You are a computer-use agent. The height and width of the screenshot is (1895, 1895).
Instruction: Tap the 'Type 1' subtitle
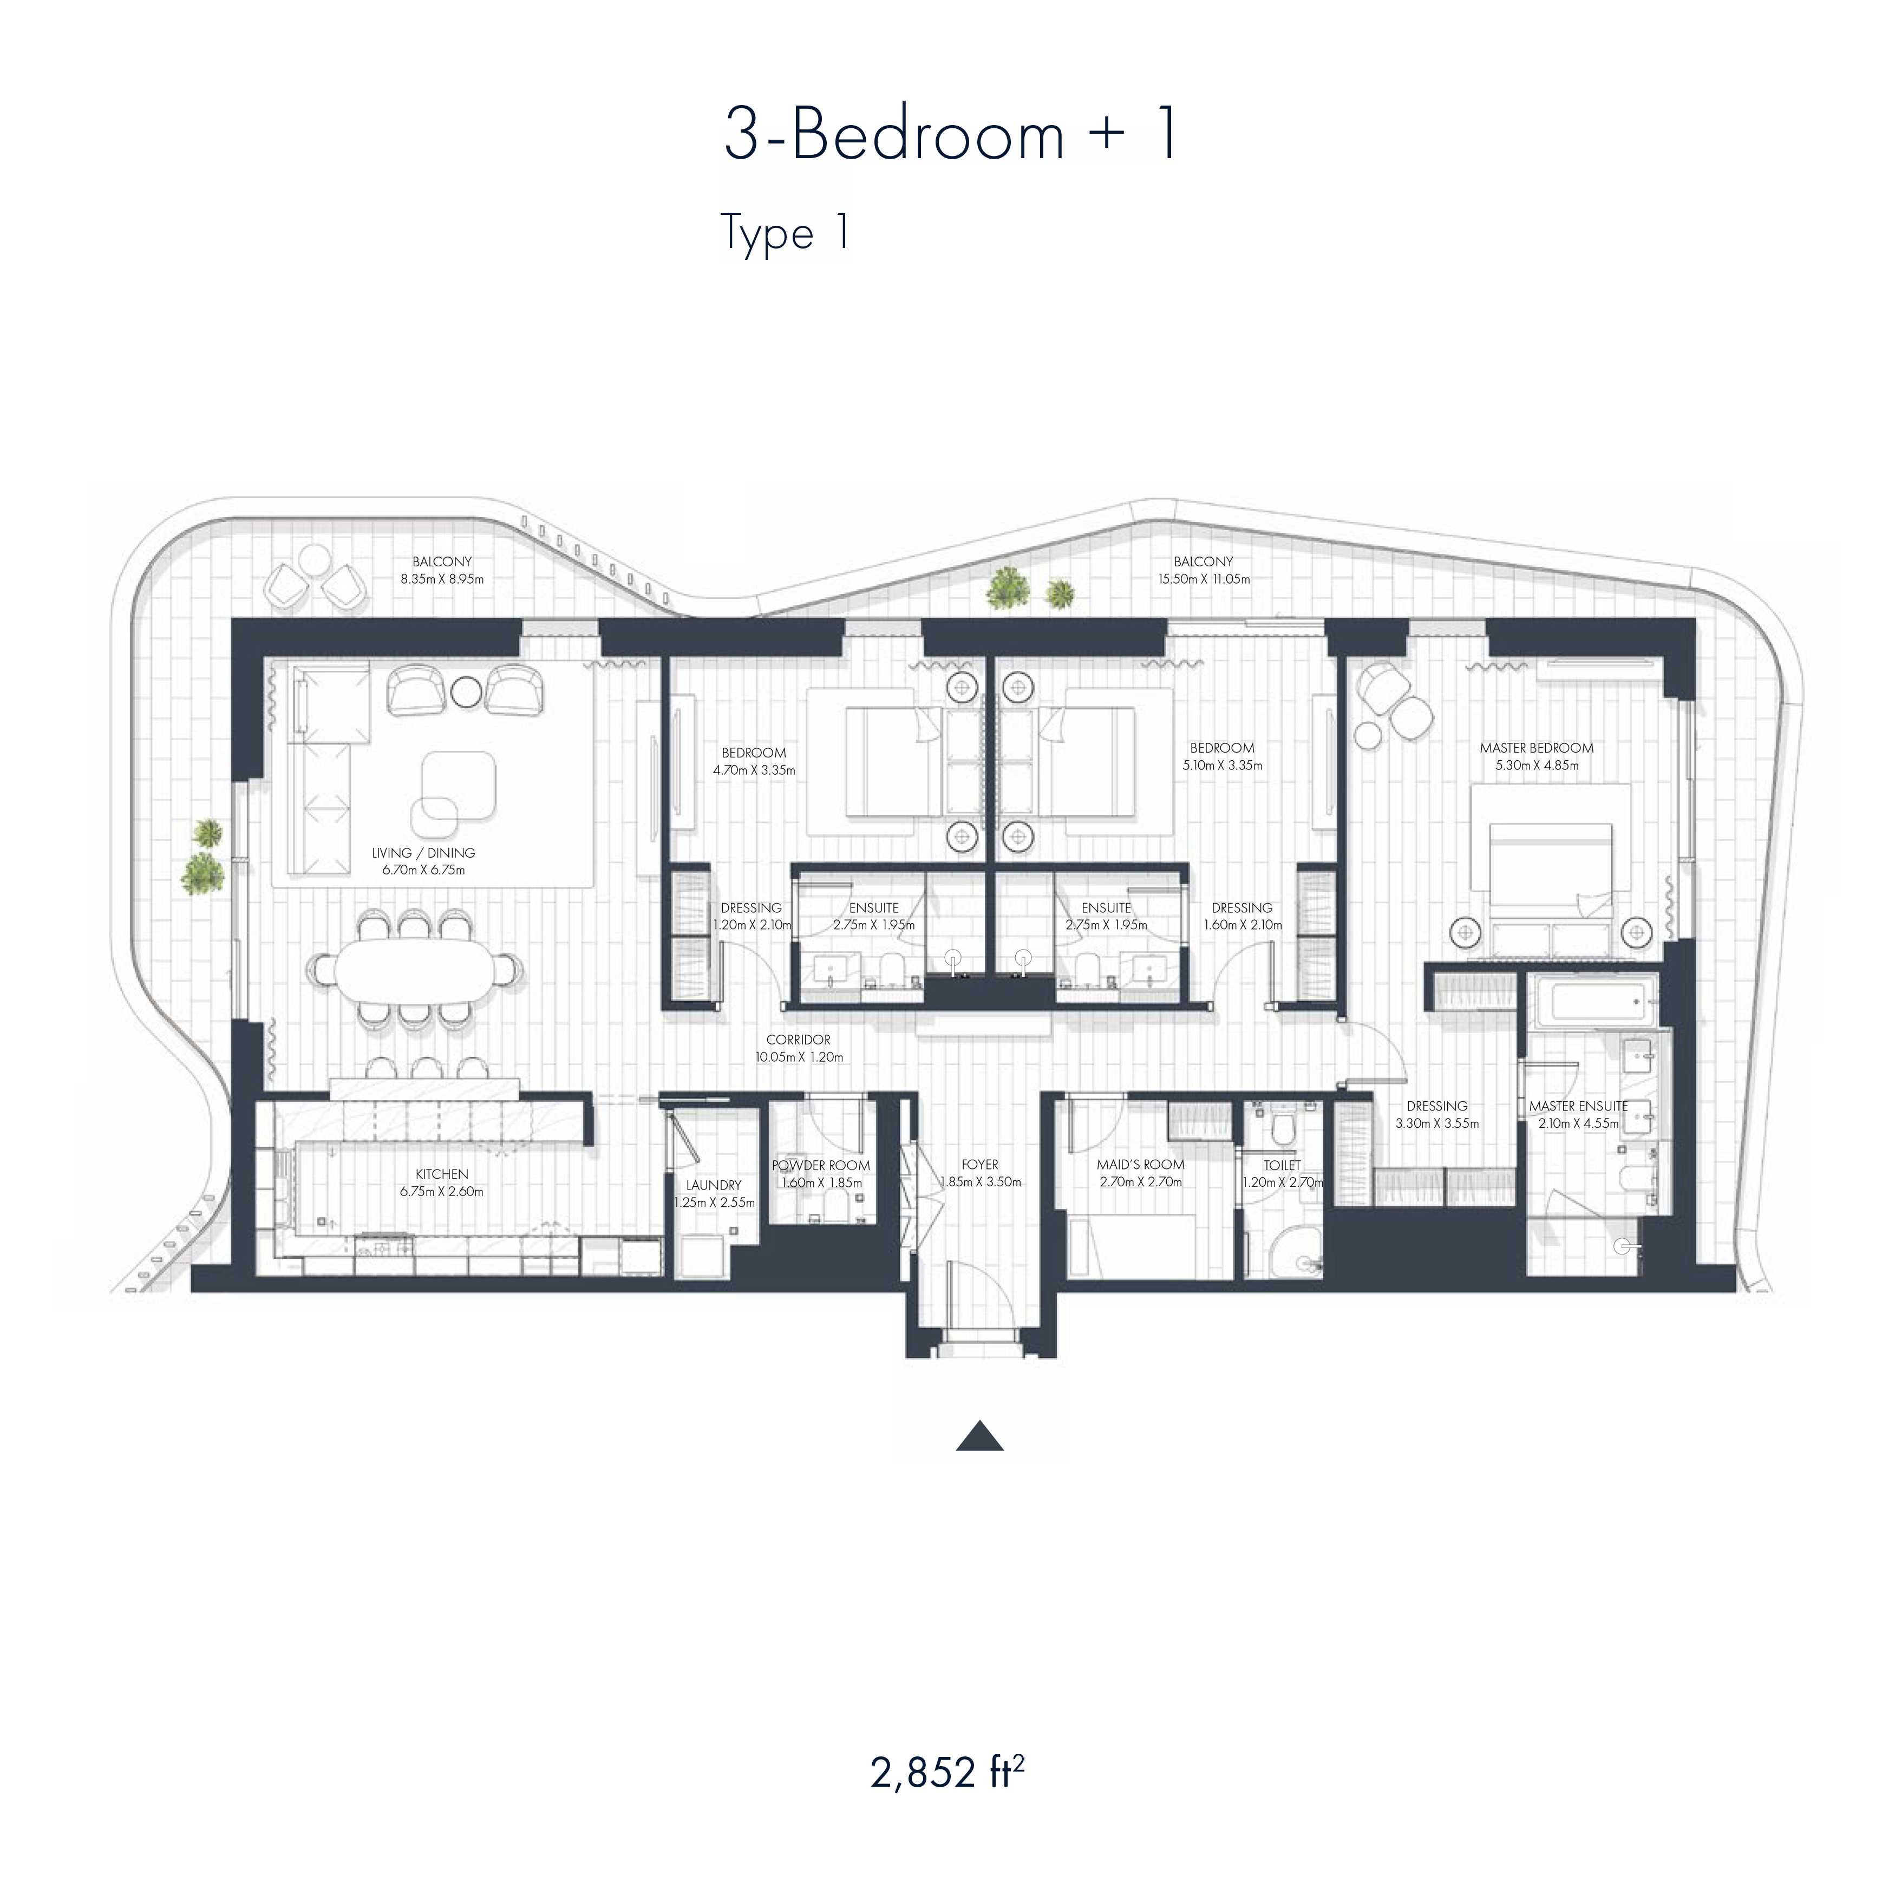tap(785, 233)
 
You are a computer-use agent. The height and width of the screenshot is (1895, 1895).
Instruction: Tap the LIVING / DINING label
tap(424, 852)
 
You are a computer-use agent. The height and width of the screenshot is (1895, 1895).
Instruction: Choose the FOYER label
tap(980, 1164)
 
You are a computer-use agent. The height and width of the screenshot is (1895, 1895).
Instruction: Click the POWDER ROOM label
tap(821, 1165)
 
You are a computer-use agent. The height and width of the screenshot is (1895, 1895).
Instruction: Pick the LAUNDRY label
tap(713, 1185)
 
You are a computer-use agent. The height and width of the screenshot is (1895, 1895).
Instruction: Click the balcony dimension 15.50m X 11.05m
tap(1204, 579)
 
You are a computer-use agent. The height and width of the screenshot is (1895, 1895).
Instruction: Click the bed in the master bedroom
tap(1550, 873)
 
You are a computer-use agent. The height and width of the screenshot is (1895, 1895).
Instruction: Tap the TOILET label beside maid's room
tap(1282, 1165)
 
